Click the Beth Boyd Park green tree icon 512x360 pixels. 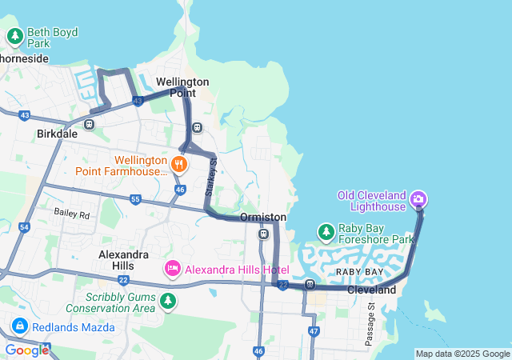[15, 36]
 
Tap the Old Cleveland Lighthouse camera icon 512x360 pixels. [418, 198]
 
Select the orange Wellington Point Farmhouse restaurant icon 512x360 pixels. [178, 164]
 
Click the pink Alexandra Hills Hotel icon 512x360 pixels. [172, 269]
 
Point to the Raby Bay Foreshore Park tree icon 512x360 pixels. [326, 233]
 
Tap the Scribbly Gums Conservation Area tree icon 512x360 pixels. [167, 301]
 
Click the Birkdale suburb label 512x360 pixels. [57, 134]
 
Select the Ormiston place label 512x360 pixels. [263, 217]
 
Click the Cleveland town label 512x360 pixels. [372, 290]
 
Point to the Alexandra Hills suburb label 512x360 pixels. [124, 260]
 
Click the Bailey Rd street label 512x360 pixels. [72, 213]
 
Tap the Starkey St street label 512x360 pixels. [210, 178]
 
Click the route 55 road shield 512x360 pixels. [134, 199]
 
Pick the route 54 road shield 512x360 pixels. [24, 228]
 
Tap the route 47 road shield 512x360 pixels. [313, 330]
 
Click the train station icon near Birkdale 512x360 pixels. [90, 124]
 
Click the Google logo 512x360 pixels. [26, 350]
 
